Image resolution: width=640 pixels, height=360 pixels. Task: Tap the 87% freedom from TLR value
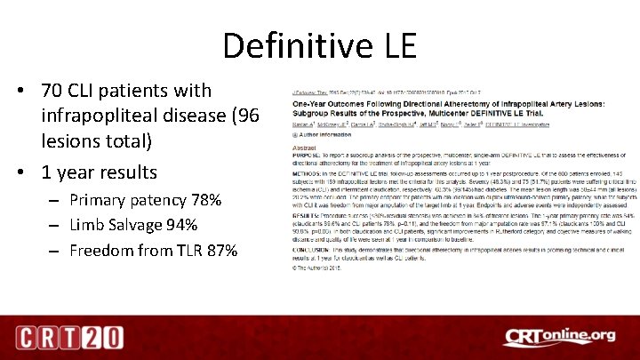point(220,251)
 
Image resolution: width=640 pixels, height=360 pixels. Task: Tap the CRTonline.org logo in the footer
point(558,337)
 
